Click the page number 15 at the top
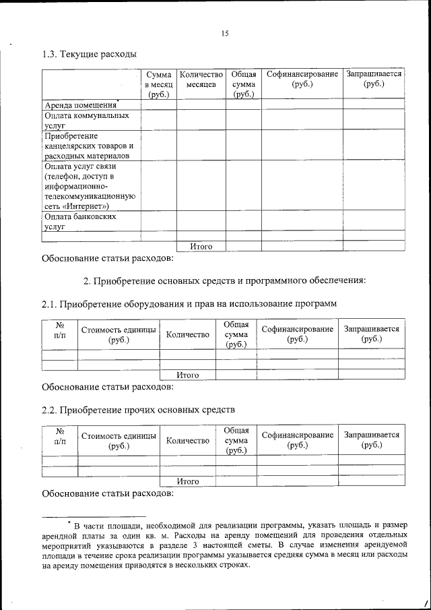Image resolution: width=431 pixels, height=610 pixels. coord(225,33)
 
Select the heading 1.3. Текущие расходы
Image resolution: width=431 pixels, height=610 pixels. coord(89,53)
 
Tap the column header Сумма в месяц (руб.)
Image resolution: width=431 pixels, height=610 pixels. coord(158,84)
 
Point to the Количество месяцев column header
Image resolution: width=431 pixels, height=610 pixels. coord(201,80)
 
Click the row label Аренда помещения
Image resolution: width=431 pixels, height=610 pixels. coord(80,104)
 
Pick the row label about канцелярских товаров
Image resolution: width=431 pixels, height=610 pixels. coord(90,146)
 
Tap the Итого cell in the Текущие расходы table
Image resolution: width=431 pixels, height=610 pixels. coord(201,246)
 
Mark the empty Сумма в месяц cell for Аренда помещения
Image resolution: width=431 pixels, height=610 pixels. coord(158,104)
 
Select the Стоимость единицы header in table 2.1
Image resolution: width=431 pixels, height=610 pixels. coord(119,334)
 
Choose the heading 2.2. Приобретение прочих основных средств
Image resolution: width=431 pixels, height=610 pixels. coord(138,409)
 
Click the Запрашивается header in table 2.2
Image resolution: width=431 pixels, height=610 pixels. coord(371,440)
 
